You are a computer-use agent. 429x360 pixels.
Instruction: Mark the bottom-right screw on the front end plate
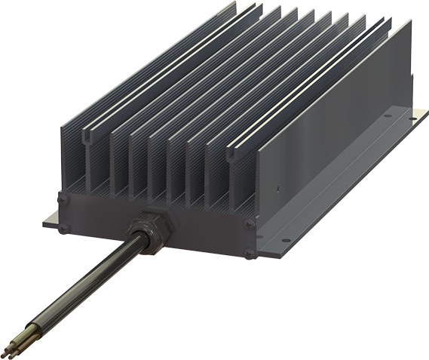click(x=250, y=250)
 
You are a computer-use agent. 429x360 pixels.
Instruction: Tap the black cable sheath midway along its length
click(x=83, y=280)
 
